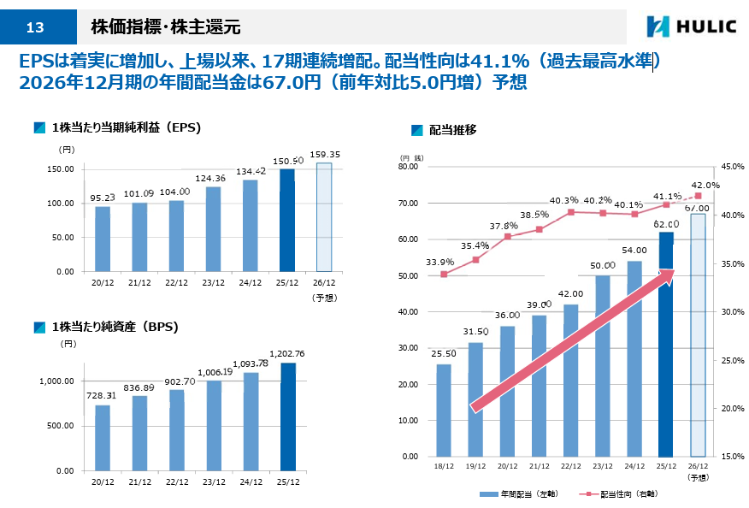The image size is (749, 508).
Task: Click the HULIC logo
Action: tap(691, 27)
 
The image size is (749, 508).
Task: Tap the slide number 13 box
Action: tap(35, 27)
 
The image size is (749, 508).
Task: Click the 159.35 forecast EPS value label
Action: tap(324, 155)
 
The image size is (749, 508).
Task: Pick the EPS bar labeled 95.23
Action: tap(102, 239)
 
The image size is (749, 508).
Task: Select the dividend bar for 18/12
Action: tap(444, 411)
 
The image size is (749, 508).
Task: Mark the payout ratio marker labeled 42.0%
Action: tap(698, 196)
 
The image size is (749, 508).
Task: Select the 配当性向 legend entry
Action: tap(619, 493)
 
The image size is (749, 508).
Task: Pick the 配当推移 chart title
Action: tap(452, 130)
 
